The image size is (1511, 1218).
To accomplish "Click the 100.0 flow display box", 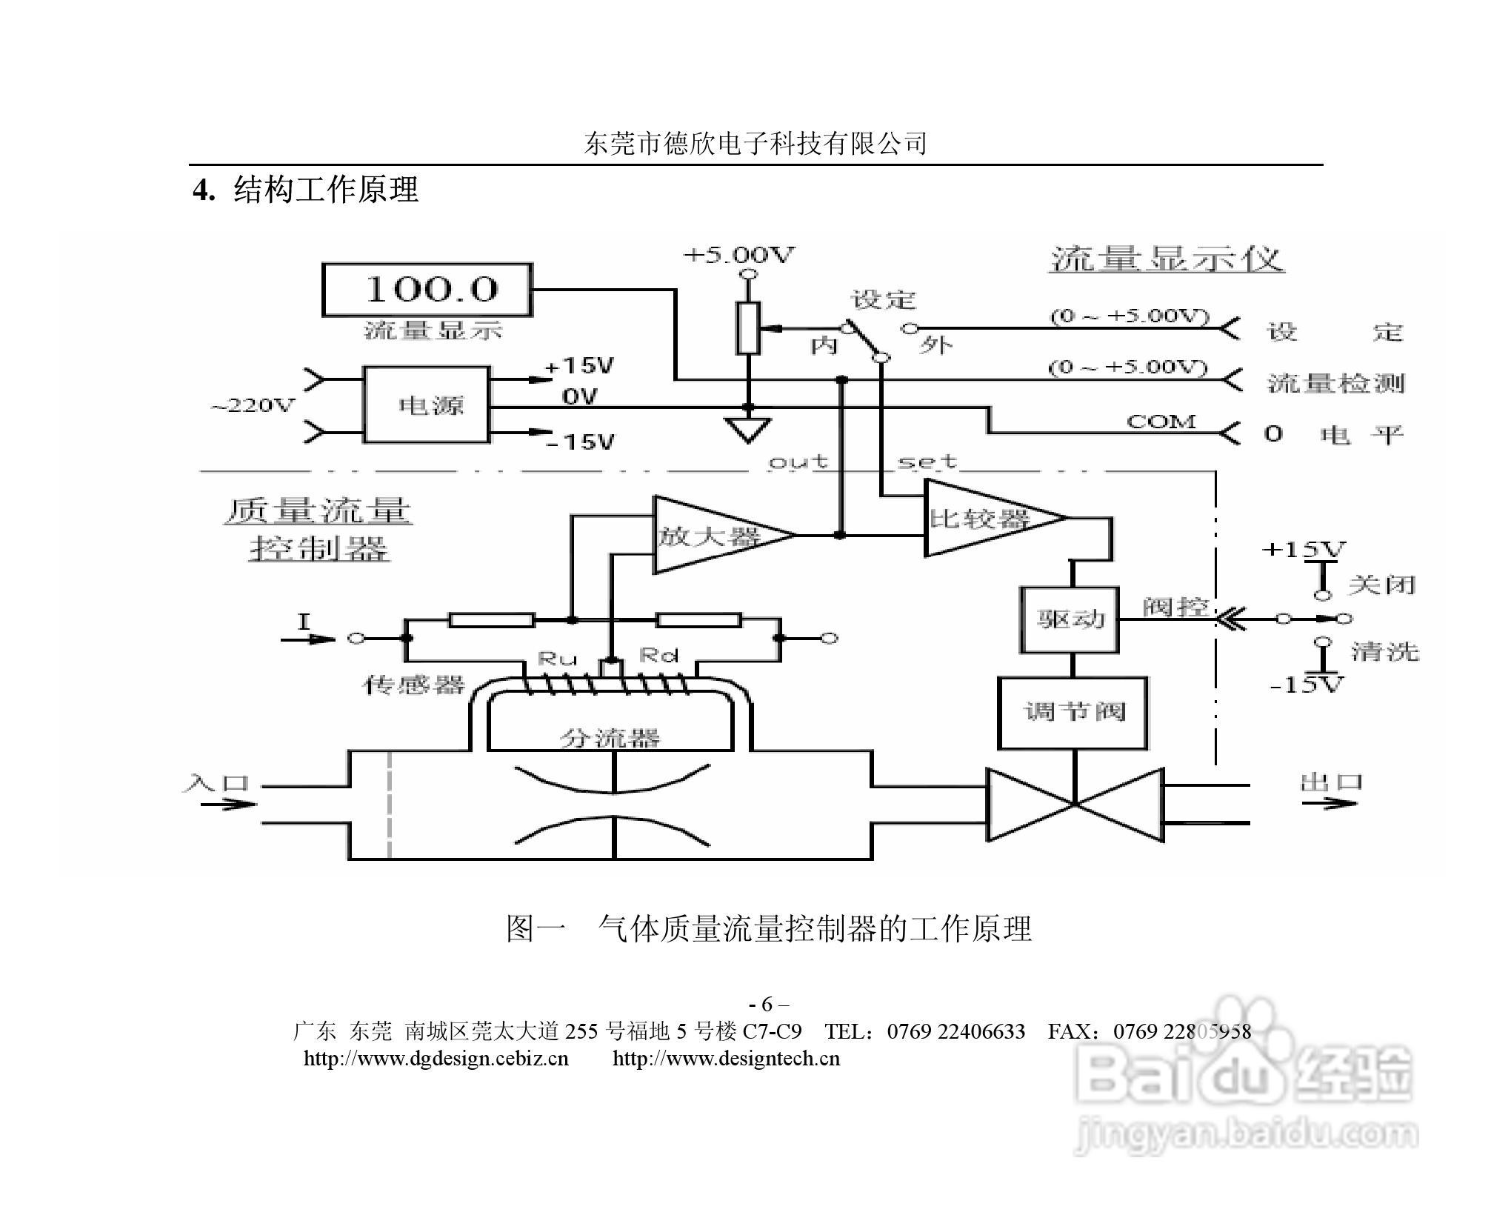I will coord(427,289).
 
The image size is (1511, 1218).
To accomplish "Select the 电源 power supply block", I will coord(426,405).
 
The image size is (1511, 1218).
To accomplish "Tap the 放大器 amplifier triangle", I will coord(711,535).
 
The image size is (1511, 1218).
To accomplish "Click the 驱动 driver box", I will coord(1069,619).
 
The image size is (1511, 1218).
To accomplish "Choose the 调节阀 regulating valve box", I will coord(1073,712).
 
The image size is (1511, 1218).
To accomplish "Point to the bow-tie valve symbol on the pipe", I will coord(1075,805).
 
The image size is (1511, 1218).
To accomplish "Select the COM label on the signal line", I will coord(1161,422).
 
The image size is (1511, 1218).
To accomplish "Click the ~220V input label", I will coord(253,406).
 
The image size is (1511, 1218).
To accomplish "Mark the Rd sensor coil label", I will coord(658,655).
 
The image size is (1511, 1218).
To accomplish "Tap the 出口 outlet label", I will coord(1331,782).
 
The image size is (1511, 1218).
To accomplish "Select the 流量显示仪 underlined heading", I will coord(1166,260).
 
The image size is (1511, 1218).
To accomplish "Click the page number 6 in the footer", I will coord(767,1005).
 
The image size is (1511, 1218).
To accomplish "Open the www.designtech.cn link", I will coord(726,1058).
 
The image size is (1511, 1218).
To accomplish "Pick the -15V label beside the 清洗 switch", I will coord(1306,685).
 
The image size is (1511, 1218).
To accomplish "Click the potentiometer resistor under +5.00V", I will coord(748,327).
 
